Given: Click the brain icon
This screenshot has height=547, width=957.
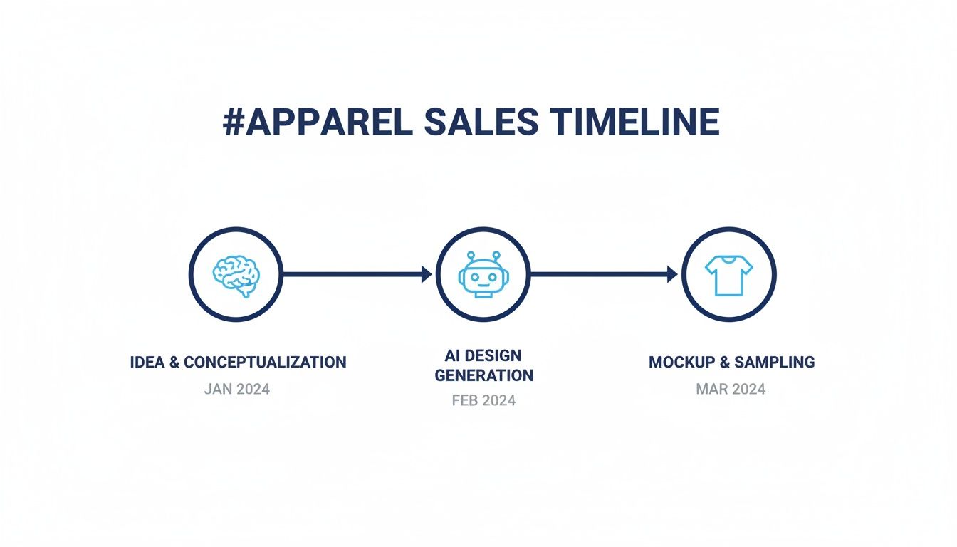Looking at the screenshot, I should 236,275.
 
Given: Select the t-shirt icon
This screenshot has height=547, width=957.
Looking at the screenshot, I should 728,275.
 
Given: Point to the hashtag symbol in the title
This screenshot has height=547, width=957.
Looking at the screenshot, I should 234,123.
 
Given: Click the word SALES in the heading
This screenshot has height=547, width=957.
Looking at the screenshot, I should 481,123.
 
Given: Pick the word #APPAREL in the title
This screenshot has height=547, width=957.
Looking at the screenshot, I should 318,123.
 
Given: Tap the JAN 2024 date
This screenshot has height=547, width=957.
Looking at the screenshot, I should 236,390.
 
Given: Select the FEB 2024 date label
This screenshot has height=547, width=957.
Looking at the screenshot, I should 483,400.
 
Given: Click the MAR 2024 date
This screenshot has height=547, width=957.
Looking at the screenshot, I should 731,390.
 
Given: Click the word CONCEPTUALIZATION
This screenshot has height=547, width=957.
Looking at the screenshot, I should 265,362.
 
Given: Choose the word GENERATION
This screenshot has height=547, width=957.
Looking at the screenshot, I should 483,375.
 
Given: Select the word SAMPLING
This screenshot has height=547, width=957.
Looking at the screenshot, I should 774,362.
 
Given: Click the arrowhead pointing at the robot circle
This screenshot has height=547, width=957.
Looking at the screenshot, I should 427,274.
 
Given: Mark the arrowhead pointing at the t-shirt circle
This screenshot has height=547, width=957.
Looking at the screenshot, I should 673,274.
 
